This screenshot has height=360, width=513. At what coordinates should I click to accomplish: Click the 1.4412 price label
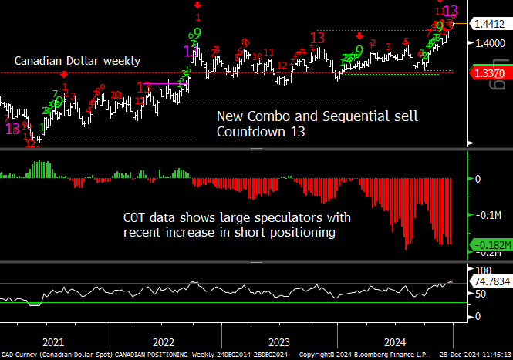click(x=491, y=24)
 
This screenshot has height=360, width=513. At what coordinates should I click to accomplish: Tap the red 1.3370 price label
click(x=491, y=73)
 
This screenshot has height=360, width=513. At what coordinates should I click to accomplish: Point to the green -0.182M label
click(x=491, y=246)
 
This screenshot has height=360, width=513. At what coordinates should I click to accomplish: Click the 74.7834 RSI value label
click(x=492, y=282)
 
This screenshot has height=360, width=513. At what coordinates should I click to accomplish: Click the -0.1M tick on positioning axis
click(x=488, y=216)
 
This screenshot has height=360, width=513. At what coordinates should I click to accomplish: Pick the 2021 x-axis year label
click(x=53, y=341)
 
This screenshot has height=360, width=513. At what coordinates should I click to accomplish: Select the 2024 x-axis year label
click(x=394, y=341)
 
